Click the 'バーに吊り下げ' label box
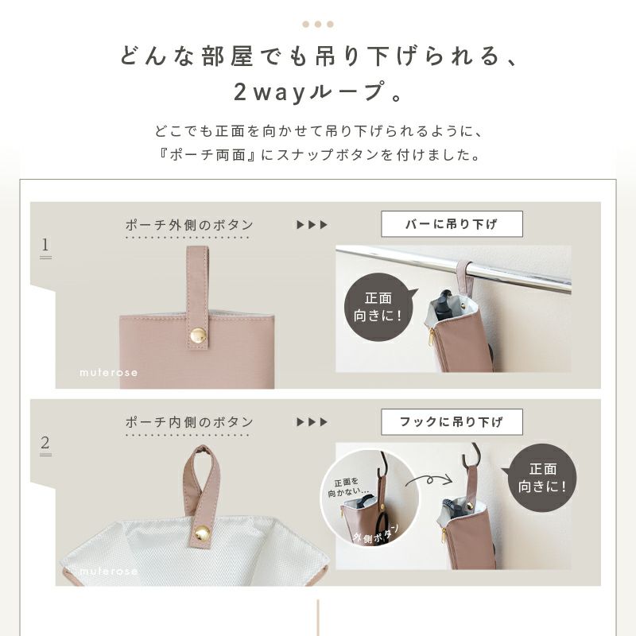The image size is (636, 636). tap(452, 224)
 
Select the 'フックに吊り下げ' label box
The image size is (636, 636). tap(452, 422)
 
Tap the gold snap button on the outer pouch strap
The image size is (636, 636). tap(198, 335)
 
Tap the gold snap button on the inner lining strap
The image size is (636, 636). tap(202, 533)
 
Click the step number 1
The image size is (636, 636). tap(45, 245)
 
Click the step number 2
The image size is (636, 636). tap(45, 442)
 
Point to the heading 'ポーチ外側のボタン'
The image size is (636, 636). tap(189, 225)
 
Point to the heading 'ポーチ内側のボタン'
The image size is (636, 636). tap(189, 422)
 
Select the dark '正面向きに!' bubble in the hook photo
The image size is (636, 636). tap(542, 478)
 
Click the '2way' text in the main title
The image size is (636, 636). tap(269, 91)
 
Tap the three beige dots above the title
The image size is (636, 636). tap(318, 25)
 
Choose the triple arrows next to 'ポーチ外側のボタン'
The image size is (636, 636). tap(312, 225)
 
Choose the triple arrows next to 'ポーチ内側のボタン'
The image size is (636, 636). tap(312, 422)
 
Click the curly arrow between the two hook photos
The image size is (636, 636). tap(429, 480)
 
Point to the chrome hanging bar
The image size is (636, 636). tap(453, 268)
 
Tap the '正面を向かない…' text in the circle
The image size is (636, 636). tap(347, 487)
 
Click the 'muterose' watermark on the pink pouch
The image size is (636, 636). tap(108, 372)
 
